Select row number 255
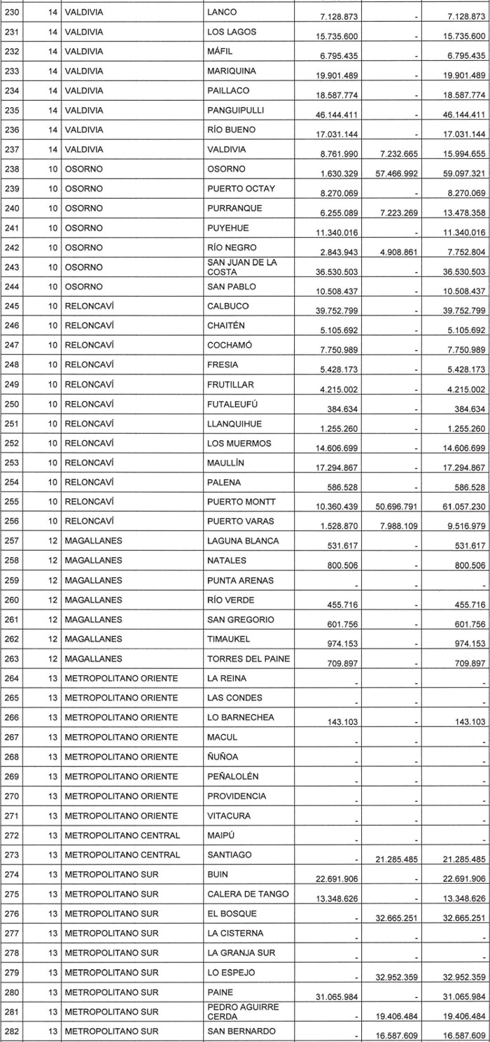click(13, 502)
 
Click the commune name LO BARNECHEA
click(241, 717)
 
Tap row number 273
click(13, 854)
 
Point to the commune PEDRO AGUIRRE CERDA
click(242, 1011)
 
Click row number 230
click(13, 12)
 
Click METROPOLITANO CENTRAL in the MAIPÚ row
click(122, 835)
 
